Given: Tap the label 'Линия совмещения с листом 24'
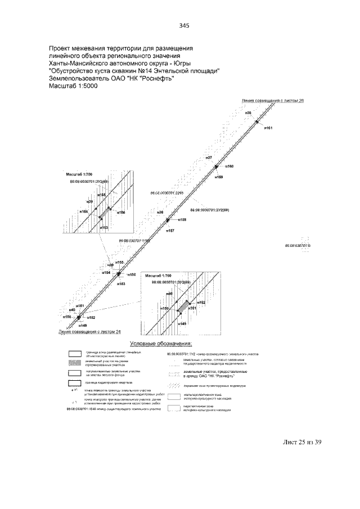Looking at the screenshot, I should pos(90,332).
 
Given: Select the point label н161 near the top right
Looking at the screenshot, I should pos(268,129).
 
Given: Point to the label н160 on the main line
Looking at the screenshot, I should pos(229,166).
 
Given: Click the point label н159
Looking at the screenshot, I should pos(219,177).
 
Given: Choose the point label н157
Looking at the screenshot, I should pos(171,231).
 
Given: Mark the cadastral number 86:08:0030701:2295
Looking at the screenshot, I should pos(167,192).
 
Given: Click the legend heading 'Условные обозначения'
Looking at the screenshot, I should pos(161,343).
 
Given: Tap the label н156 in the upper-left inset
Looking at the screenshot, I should pos(121,213).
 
